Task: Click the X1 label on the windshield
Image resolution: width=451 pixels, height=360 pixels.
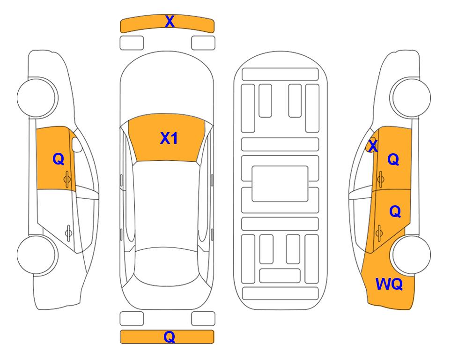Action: click(x=169, y=138)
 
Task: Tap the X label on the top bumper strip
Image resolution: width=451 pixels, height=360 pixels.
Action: click(x=170, y=22)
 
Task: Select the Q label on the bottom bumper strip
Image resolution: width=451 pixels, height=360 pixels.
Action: click(x=170, y=337)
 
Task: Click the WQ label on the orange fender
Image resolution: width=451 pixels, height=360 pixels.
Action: click(x=389, y=284)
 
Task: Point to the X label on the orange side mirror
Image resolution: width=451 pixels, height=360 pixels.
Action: click(x=373, y=146)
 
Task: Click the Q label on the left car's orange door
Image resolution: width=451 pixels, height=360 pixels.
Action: click(x=58, y=159)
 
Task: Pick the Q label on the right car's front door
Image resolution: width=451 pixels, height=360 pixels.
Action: click(x=393, y=159)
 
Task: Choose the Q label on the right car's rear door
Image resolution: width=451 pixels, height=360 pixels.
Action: click(x=395, y=212)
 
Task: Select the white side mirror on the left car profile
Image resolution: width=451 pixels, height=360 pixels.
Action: click(x=77, y=144)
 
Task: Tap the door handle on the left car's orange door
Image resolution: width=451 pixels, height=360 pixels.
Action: click(x=67, y=179)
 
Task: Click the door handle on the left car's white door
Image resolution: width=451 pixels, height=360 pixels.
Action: click(x=68, y=232)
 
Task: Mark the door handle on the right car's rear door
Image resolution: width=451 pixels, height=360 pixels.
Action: click(x=379, y=232)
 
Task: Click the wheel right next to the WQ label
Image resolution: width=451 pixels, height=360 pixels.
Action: click(x=412, y=255)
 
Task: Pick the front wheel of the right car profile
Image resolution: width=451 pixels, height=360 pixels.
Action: click(x=410, y=97)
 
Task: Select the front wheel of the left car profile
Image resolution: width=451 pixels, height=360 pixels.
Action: click(x=37, y=97)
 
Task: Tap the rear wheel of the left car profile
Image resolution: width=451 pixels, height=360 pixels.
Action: click(x=37, y=255)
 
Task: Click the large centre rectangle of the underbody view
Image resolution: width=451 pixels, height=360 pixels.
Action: click(x=280, y=184)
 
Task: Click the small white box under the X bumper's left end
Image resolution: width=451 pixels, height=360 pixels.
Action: click(x=132, y=43)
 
